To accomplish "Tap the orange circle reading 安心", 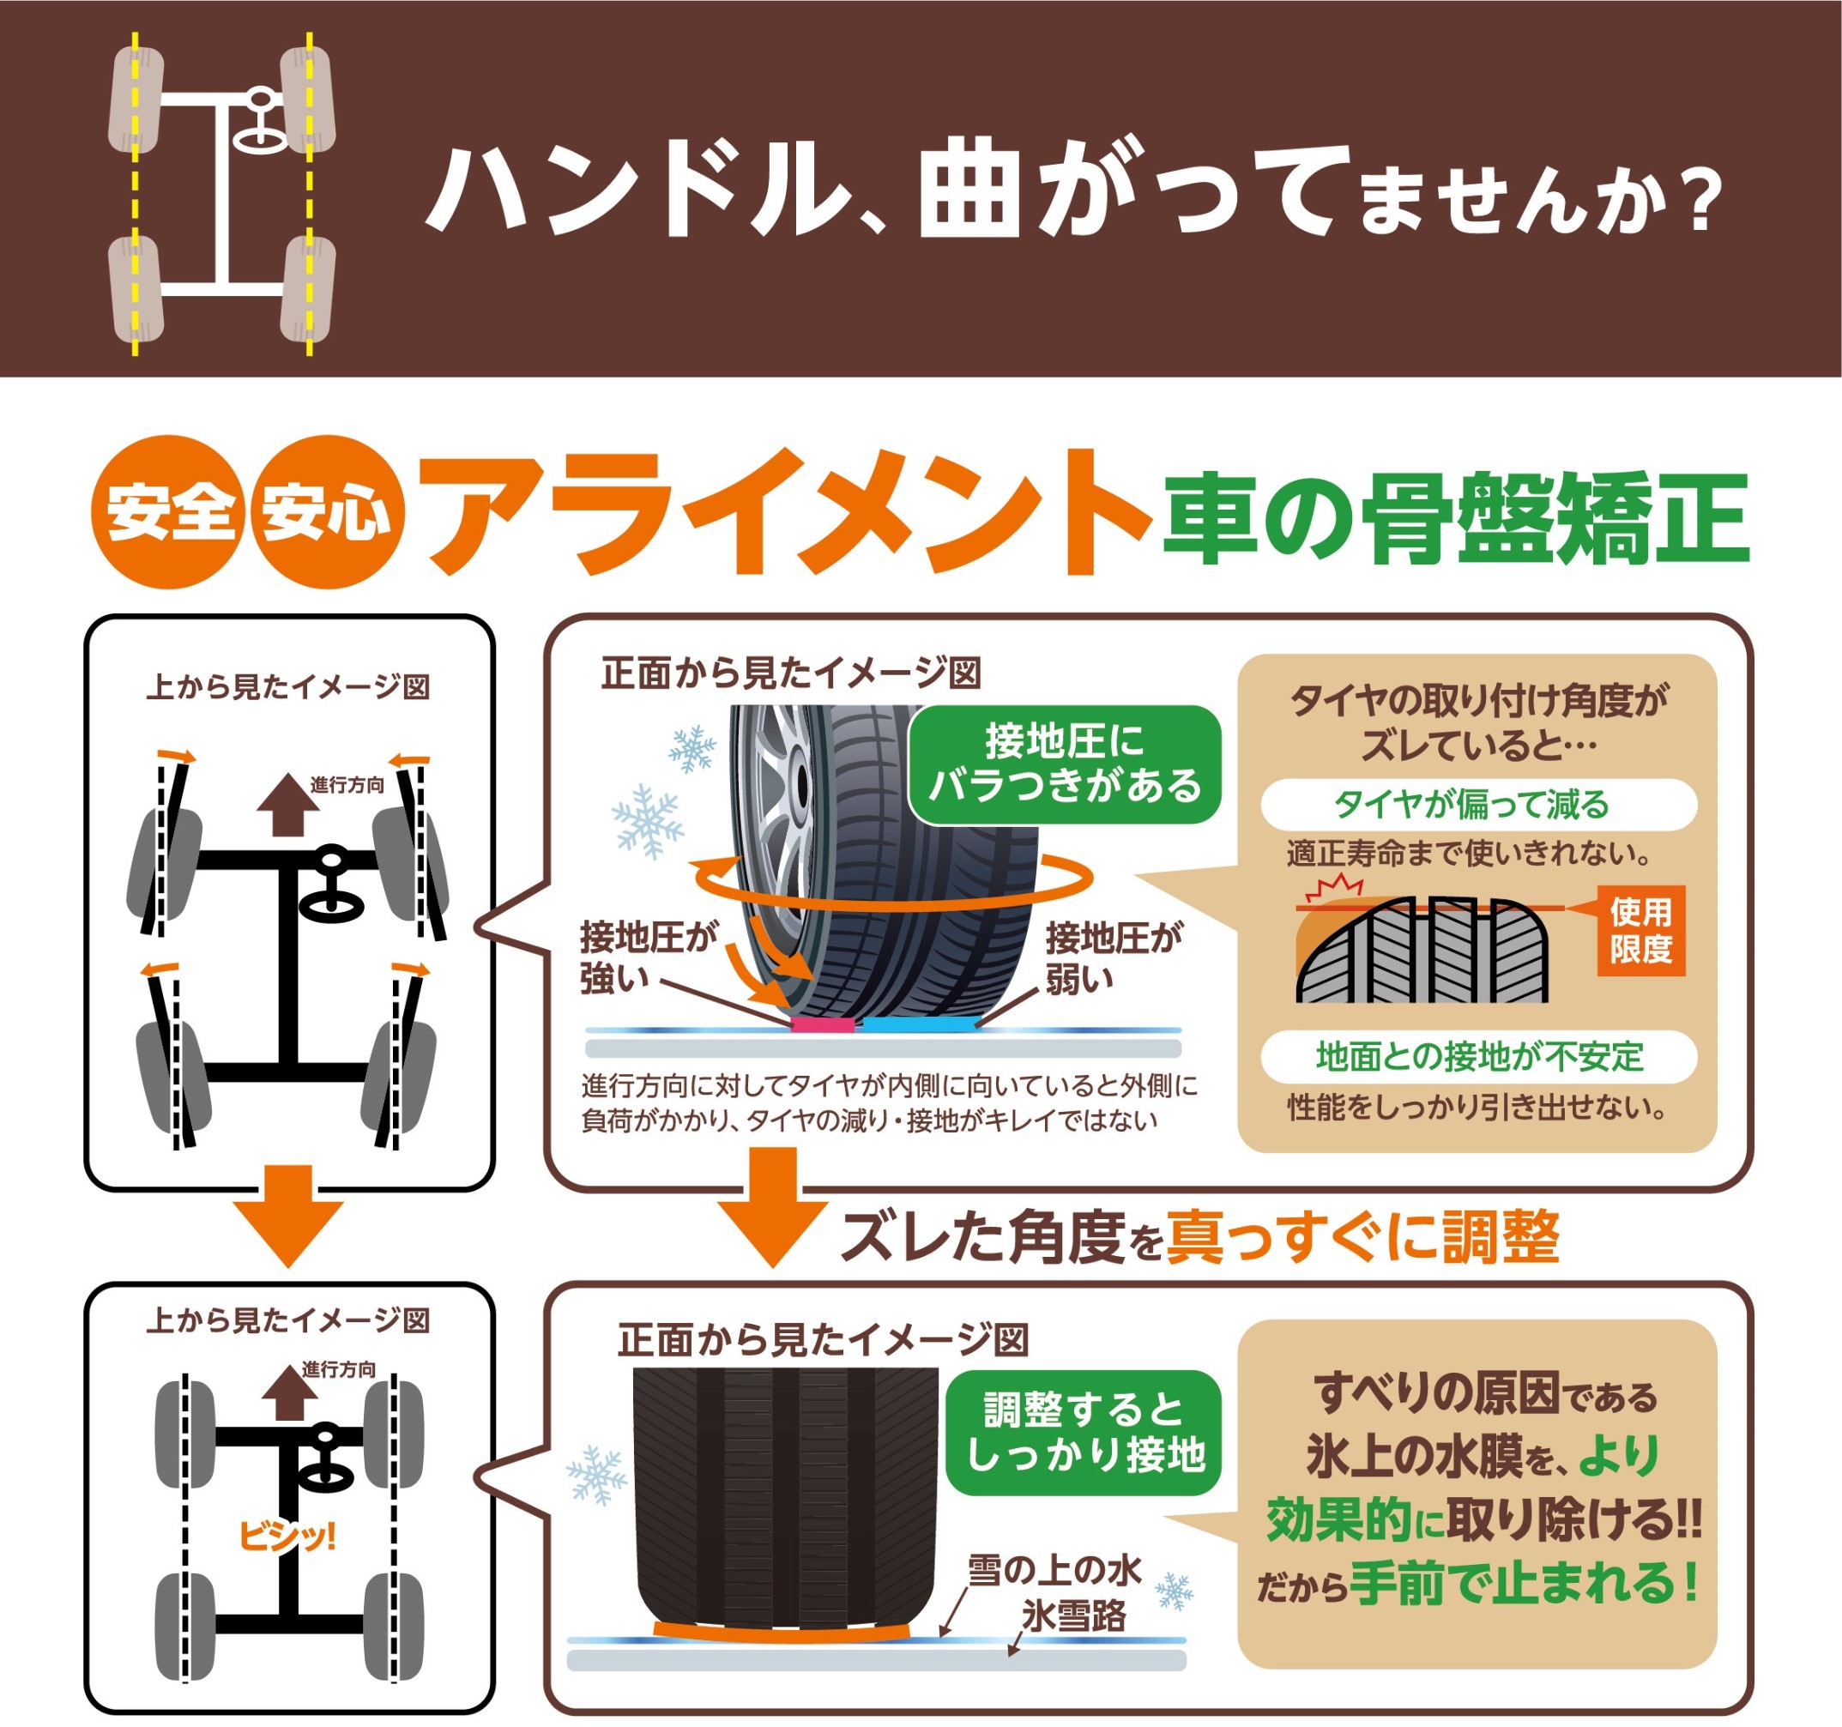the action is click(x=326, y=511).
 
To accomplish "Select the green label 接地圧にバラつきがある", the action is click(x=1065, y=764).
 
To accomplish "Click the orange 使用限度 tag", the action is click(x=1641, y=931).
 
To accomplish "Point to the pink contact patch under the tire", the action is click(x=822, y=1025).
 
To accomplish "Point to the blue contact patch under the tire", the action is click(x=918, y=1025).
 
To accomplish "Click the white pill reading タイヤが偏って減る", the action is click(x=1479, y=804).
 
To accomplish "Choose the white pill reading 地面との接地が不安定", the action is click(x=1479, y=1056).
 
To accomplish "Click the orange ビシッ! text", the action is click(x=287, y=1537).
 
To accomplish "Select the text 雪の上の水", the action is click(x=1054, y=1569).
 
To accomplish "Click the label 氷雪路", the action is click(x=1074, y=1615).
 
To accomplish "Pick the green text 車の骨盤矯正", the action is click(x=1456, y=517).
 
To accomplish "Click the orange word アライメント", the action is click(x=784, y=511).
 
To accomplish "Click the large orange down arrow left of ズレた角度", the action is click(x=773, y=1207).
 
